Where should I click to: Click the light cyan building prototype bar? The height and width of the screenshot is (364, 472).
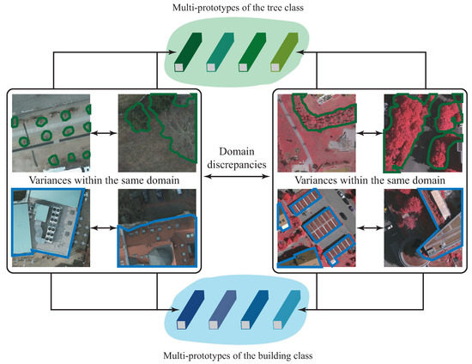(284, 312)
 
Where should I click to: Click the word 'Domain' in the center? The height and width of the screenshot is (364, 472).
(235, 149)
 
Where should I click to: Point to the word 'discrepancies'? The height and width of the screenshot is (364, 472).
(235, 164)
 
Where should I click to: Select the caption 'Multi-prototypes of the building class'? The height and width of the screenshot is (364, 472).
(235, 355)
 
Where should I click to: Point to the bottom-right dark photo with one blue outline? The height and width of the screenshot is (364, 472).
(421, 227)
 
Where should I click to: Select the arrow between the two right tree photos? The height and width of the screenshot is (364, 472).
(368, 134)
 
